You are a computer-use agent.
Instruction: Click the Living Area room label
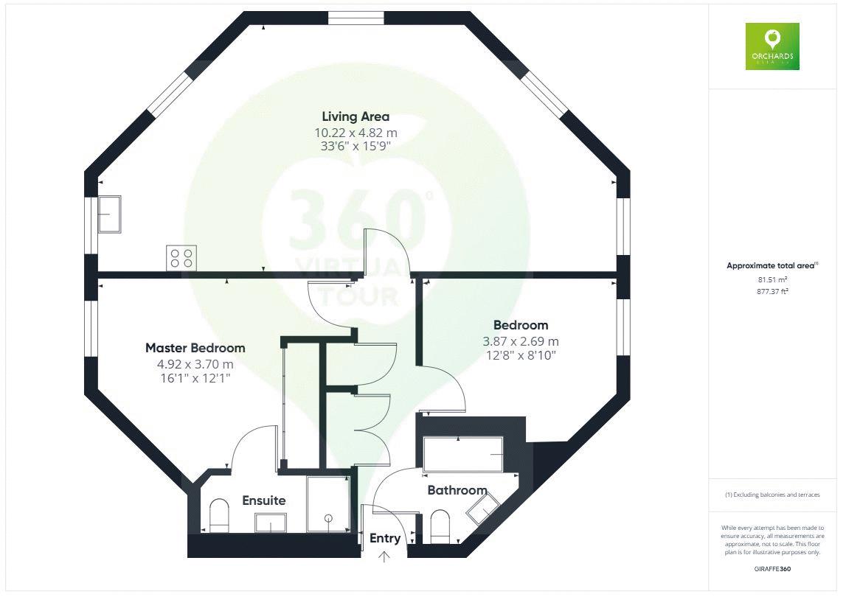point(356,116)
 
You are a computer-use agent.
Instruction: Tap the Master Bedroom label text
point(195,348)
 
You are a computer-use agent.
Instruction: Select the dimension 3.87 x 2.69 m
point(520,341)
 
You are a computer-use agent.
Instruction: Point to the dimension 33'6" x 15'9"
point(356,147)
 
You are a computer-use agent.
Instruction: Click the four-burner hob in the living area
point(181,257)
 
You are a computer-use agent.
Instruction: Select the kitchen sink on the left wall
point(108,214)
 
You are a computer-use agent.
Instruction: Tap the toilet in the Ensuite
point(219,516)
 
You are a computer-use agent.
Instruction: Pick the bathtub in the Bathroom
point(463,455)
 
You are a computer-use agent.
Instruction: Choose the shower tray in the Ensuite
point(327,503)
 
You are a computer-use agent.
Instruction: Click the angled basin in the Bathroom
point(483,509)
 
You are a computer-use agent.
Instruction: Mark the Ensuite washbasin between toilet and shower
point(271,523)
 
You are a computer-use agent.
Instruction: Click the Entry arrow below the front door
point(384,557)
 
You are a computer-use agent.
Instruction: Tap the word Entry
point(384,538)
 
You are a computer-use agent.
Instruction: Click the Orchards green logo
point(772,46)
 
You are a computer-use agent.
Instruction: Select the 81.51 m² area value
point(772,279)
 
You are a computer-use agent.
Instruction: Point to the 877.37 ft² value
point(772,291)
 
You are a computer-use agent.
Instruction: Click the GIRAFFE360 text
point(772,569)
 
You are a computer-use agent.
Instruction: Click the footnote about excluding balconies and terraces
point(772,495)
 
